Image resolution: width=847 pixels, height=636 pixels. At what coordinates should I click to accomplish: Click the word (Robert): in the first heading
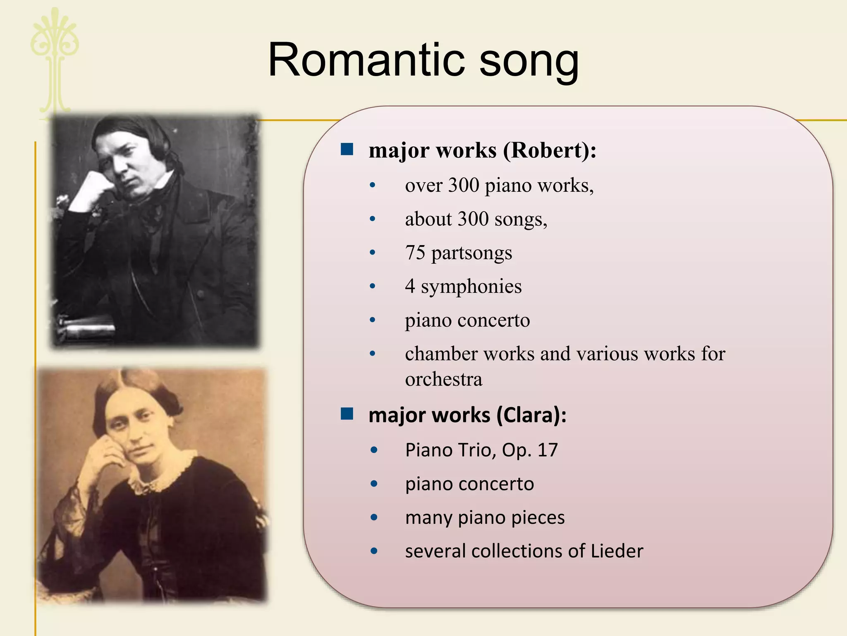550,150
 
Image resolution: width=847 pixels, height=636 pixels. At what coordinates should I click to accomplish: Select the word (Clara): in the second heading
531,415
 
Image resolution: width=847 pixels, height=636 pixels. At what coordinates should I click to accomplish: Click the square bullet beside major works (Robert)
347,149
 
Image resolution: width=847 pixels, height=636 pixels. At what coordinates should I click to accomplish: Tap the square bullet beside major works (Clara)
347,414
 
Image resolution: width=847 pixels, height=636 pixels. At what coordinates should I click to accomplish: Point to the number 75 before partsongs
415,253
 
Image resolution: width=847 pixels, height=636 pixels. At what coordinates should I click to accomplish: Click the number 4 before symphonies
409,286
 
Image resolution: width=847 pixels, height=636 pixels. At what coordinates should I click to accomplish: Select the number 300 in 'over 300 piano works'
464,185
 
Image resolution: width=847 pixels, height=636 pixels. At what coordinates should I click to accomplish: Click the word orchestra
443,379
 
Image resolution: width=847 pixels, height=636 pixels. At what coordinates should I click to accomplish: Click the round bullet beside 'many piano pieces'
374,517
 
